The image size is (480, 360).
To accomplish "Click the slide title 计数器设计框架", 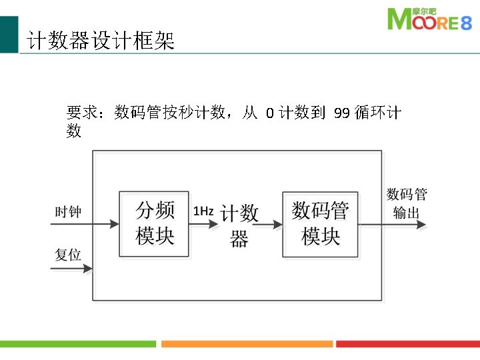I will click(101, 42).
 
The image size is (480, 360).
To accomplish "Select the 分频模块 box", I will click(155, 224).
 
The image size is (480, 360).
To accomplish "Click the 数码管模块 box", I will click(321, 224).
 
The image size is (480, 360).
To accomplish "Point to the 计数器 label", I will click(239, 226).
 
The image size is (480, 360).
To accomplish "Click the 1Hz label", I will click(203, 211).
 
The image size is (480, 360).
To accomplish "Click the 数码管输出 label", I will click(407, 203).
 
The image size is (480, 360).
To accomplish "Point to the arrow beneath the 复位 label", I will click(71, 269).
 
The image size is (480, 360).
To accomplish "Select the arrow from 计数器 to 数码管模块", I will click(267, 225).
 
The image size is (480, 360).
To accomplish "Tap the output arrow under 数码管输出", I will click(404, 225).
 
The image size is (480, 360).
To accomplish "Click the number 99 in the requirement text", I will click(342, 113).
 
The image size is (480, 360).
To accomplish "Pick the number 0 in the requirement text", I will click(269, 113).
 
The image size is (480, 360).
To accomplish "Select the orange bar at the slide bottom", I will click(247, 344).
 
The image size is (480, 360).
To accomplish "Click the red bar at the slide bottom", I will click(407, 344).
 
